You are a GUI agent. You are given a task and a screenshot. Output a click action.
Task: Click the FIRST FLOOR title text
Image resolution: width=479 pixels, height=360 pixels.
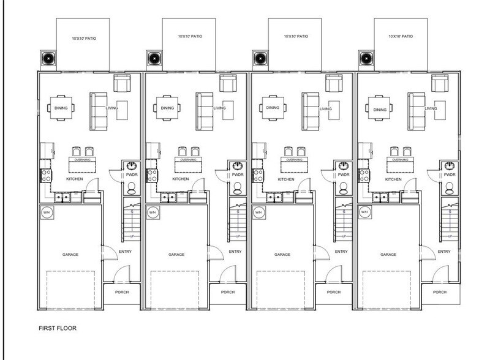coord(58,328)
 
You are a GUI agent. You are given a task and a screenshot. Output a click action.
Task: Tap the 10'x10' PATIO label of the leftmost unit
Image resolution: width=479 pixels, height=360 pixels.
coord(84,39)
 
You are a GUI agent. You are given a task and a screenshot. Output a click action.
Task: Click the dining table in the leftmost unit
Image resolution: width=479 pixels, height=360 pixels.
coord(62,108)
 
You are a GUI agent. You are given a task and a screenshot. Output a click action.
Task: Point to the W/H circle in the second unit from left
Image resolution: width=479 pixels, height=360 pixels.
coord(153,212)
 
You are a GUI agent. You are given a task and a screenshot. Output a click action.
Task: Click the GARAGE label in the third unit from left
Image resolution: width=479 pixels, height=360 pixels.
coord(282,254)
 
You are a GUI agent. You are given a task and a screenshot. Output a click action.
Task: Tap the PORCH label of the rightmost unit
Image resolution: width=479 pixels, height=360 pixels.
coord(440,292)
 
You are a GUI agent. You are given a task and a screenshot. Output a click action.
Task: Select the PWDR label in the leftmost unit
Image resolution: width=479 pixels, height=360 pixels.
coord(132,175)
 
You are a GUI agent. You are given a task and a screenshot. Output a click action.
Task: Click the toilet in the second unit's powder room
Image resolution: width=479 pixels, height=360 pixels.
coord(238,188)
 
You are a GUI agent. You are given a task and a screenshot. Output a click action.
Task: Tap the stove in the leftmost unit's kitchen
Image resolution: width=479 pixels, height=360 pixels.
coord(45,176)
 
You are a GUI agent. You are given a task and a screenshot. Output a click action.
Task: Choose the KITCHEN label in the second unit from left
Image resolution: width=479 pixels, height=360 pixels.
coord(181,179)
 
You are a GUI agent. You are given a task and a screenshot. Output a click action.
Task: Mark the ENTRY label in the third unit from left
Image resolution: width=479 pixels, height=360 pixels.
coord(341,252)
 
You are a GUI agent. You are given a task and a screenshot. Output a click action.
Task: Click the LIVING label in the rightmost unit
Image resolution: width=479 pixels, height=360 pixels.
coord(431,109)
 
